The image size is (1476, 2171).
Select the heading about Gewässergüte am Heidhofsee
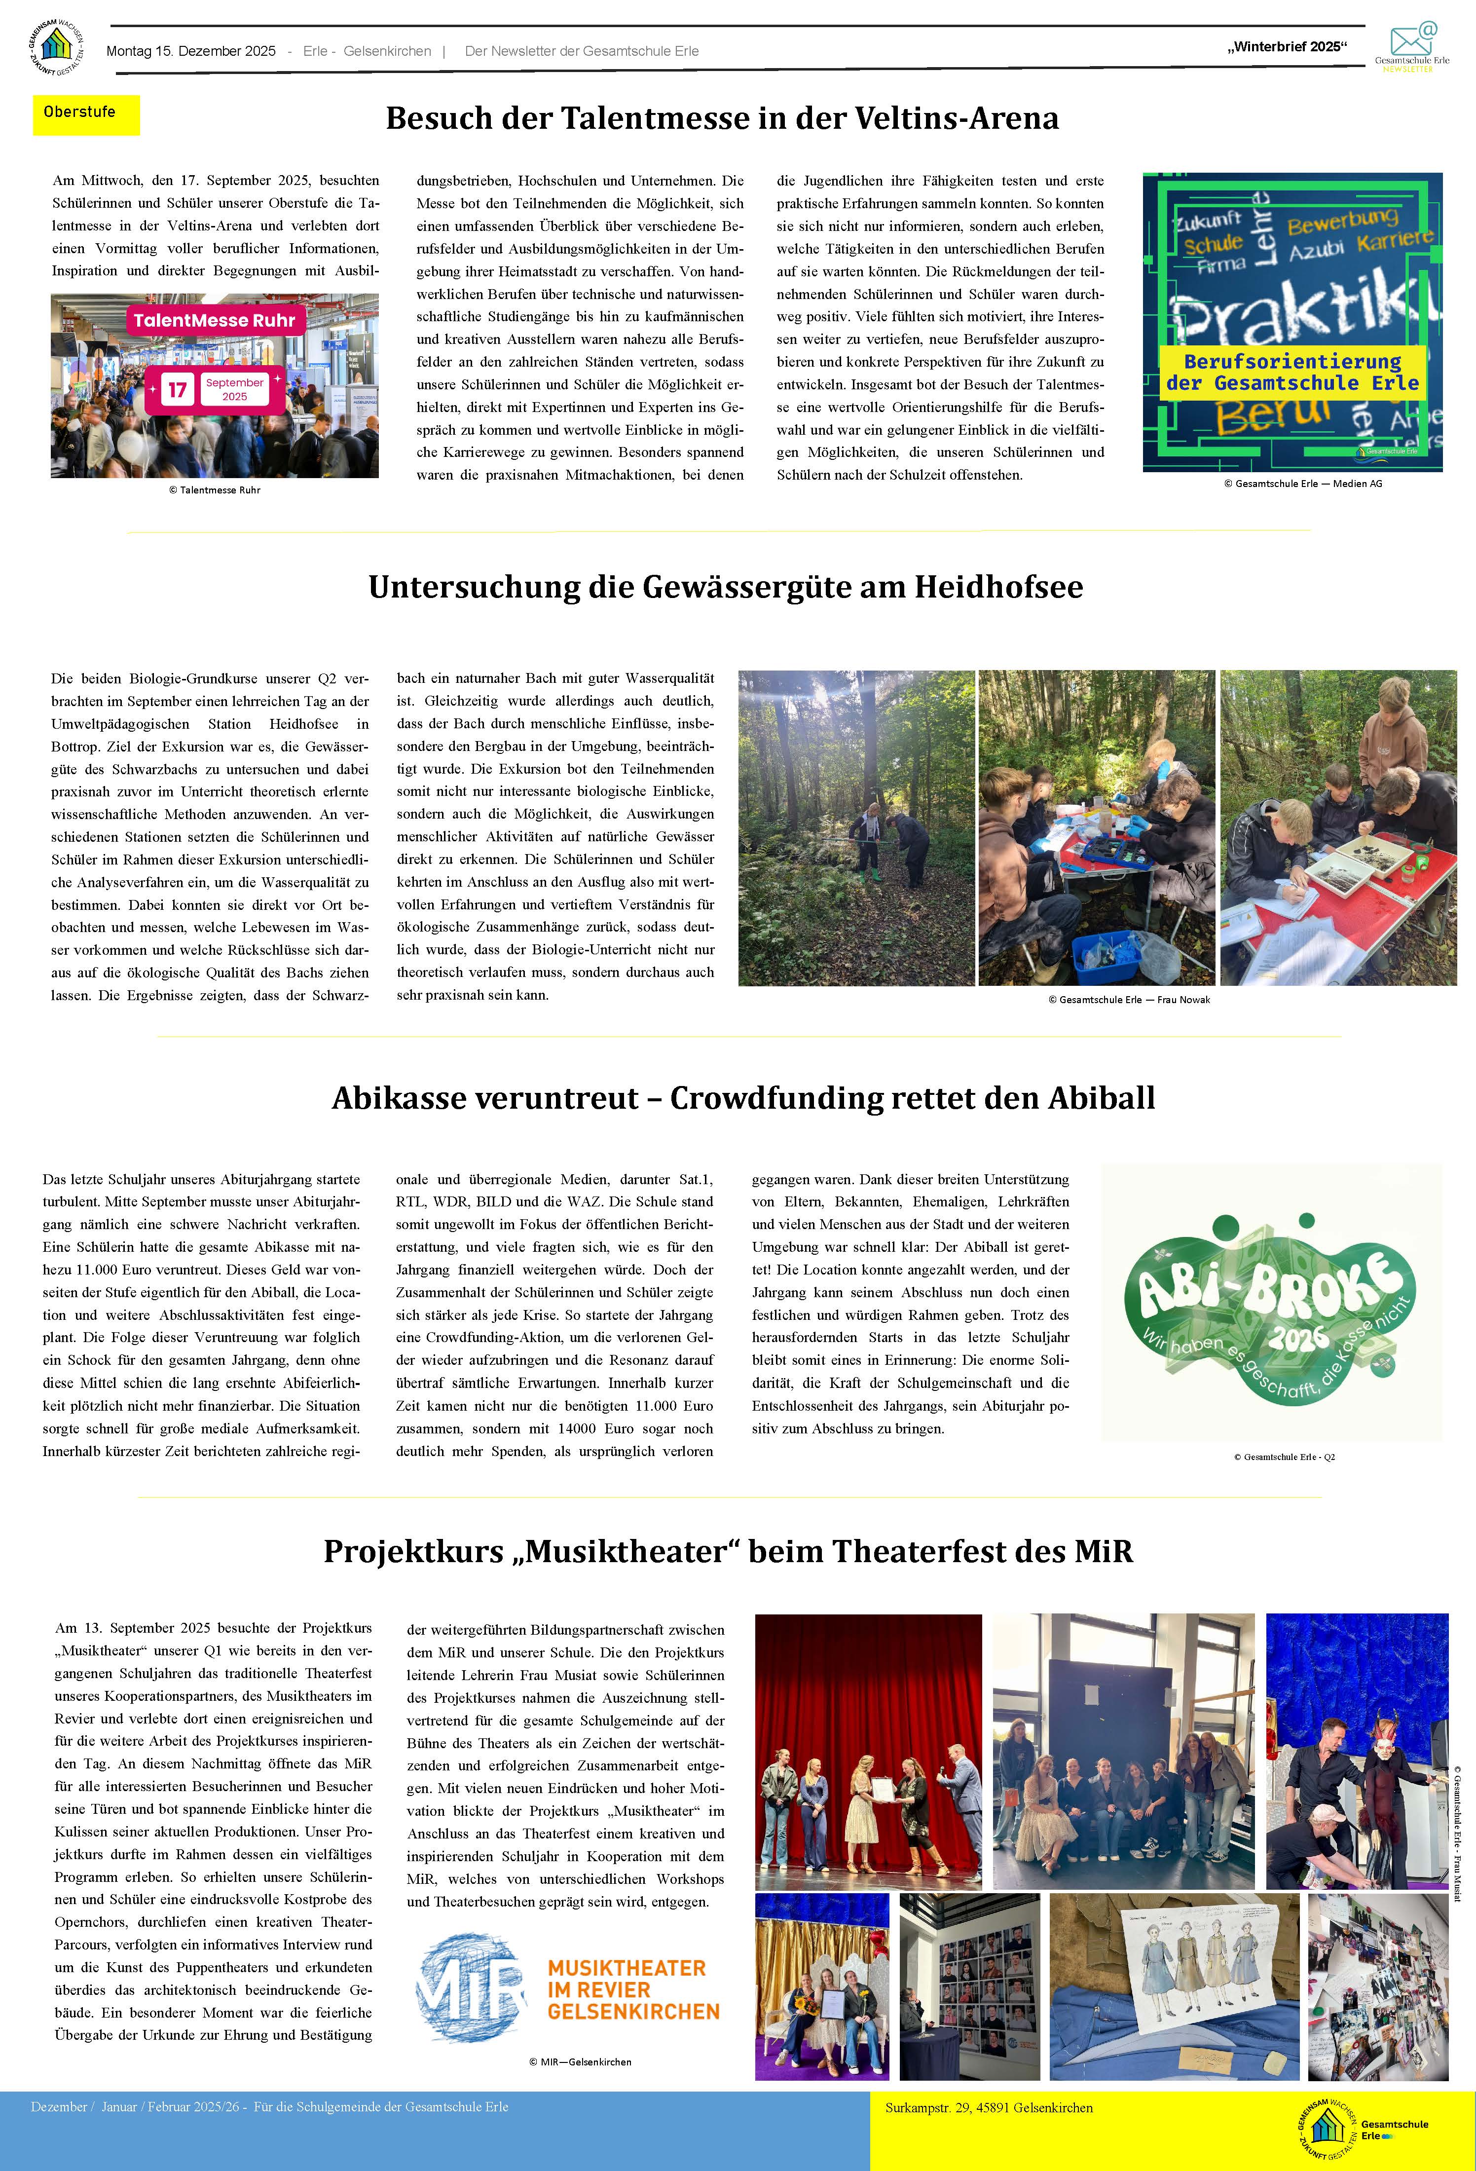[725, 587]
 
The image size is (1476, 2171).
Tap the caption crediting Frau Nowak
[1129, 1000]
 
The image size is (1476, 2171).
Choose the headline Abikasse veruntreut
[742, 1098]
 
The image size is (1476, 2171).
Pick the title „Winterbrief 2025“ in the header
[1287, 47]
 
